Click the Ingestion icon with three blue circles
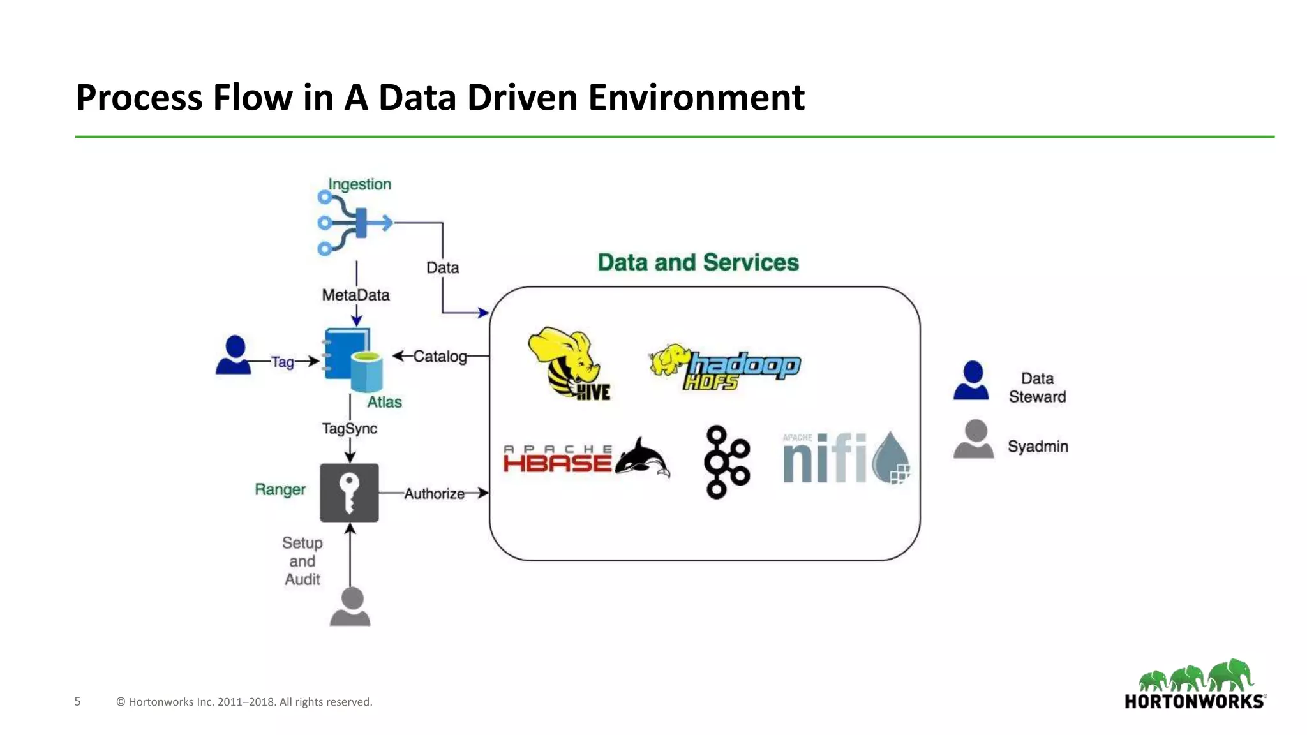click(x=354, y=223)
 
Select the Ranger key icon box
click(x=349, y=493)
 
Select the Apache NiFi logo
click(x=845, y=458)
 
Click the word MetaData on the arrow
click(x=355, y=295)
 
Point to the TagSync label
click(x=349, y=429)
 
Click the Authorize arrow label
click(x=434, y=494)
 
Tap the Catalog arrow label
click(x=440, y=357)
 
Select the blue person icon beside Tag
click(x=234, y=355)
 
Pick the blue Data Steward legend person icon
click(x=971, y=380)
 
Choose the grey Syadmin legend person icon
click(x=973, y=439)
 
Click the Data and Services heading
click(x=698, y=263)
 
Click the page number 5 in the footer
click(x=78, y=702)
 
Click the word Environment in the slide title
click(x=696, y=98)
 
